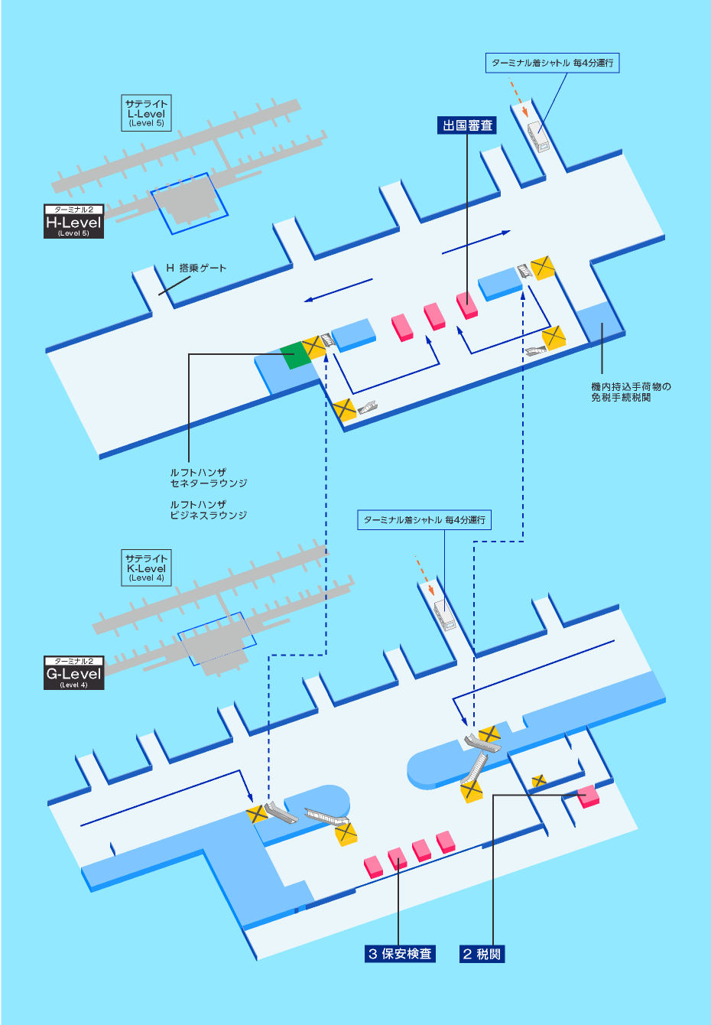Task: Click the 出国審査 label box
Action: pos(468,125)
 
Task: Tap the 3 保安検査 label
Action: pos(401,954)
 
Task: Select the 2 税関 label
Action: pos(482,954)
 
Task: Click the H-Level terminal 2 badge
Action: pos(73,222)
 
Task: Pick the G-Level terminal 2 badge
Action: pos(73,673)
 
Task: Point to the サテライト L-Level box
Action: pos(146,113)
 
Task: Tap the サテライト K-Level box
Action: pos(146,568)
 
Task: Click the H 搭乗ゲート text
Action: pos(196,268)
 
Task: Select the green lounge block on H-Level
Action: pos(293,356)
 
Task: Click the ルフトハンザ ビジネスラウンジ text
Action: pos(208,510)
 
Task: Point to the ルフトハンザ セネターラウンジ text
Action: pos(208,478)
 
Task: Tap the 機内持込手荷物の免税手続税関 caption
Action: pos(631,392)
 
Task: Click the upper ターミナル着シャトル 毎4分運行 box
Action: pos(552,63)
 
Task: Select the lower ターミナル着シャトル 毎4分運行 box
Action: pos(424,520)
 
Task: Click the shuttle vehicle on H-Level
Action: pos(539,137)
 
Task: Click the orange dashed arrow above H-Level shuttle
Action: pos(520,101)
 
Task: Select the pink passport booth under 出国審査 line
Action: pos(467,304)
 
